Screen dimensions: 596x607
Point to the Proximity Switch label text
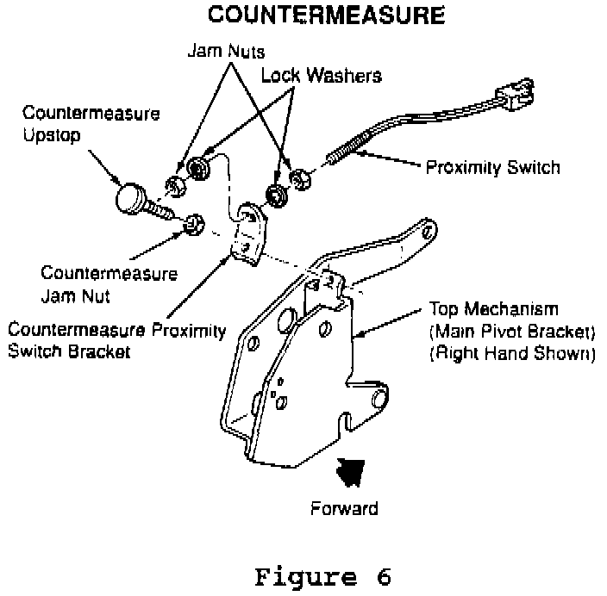pos(492,166)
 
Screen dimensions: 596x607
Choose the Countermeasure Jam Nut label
pos(109,284)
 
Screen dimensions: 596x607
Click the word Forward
pos(343,507)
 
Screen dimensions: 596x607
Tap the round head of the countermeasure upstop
pos(131,197)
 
